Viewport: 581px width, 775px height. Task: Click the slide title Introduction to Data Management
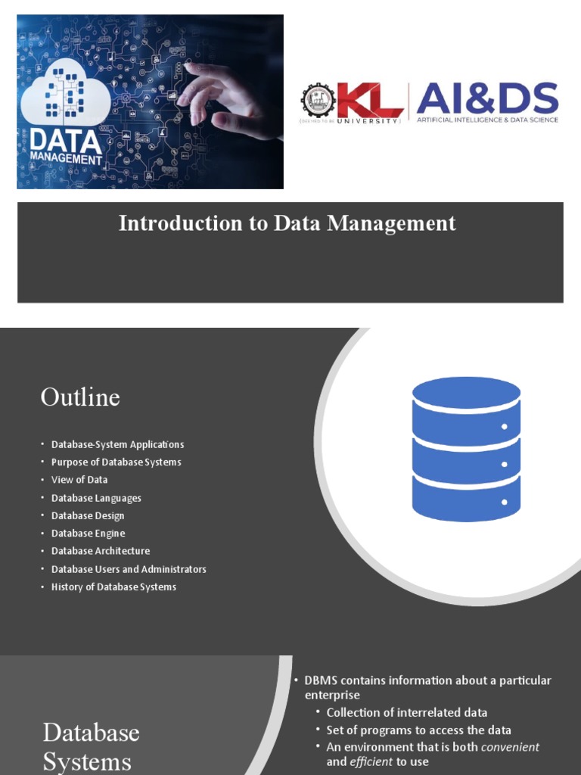pyautogui.click(x=287, y=223)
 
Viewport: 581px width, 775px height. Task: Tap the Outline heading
pyautogui.click(x=80, y=397)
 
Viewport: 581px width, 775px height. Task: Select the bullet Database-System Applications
pyautogui.click(x=117, y=444)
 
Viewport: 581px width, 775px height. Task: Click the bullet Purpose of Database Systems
pyautogui.click(x=116, y=462)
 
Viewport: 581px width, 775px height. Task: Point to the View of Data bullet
pyautogui.click(x=79, y=480)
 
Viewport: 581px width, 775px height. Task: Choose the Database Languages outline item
pyautogui.click(x=96, y=498)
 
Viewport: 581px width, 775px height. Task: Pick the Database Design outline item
pyautogui.click(x=88, y=515)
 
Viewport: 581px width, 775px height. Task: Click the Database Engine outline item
pyautogui.click(x=88, y=534)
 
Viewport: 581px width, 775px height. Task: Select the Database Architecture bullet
pyautogui.click(x=101, y=551)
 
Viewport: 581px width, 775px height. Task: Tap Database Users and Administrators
pyautogui.click(x=129, y=569)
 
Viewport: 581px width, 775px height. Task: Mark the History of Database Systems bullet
pyautogui.click(x=113, y=587)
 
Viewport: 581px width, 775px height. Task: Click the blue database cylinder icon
pyautogui.click(x=466, y=450)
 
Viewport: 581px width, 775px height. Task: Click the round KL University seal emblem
pyautogui.click(x=318, y=101)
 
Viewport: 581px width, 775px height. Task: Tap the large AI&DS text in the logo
pyautogui.click(x=487, y=98)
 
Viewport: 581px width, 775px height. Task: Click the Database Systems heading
pyautogui.click(x=91, y=746)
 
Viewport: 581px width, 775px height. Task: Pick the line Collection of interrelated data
pyautogui.click(x=406, y=712)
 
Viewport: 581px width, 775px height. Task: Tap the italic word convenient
pyautogui.click(x=511, y=747)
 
